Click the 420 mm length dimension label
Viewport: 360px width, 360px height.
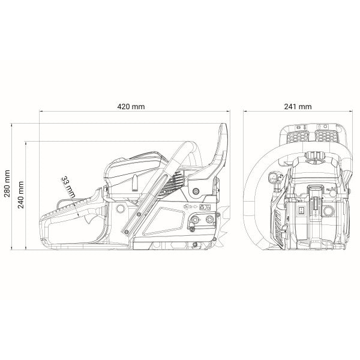(x=131, y=107)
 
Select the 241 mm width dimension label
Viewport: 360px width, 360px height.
(x=298, y=107)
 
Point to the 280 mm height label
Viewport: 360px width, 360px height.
(x=7, y=184)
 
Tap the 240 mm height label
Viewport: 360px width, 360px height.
(x=21, y=194)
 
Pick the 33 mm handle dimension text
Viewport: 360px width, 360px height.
(x=68, y=187)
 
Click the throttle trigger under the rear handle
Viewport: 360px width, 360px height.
(x=89, y=218)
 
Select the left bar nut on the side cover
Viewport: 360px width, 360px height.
(x=195, y=220)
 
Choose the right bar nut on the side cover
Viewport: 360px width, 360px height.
(x=209, y=219)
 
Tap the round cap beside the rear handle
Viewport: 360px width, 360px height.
(x=121, y=208)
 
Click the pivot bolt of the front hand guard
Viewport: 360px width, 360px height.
(x=196, y=191)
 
